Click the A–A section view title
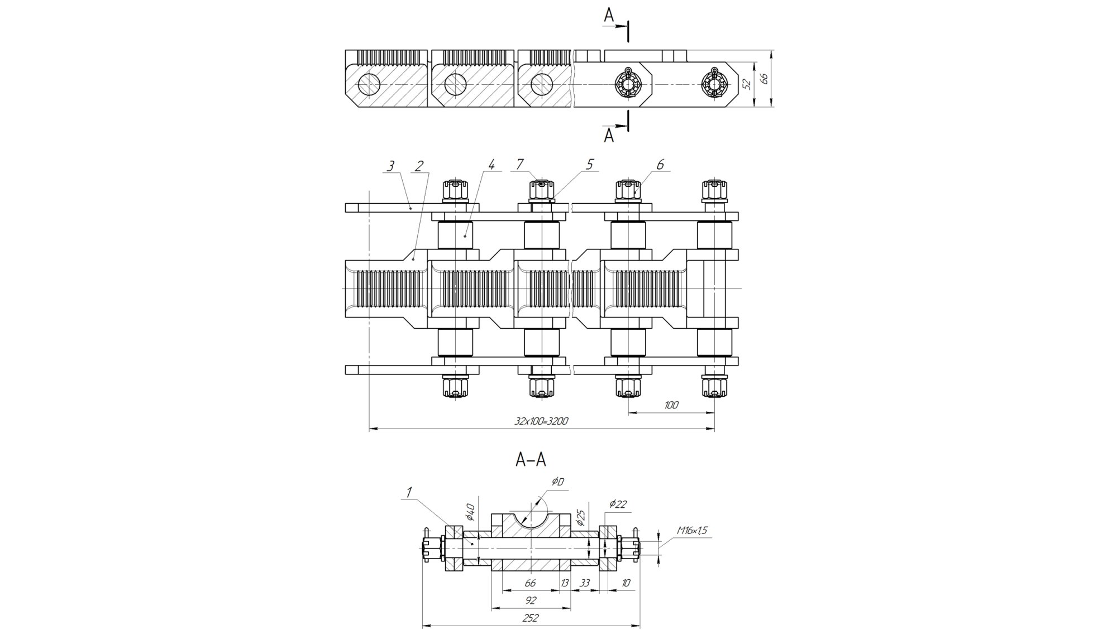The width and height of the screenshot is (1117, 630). [531, 460]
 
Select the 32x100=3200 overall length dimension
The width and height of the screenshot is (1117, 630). [541, 421]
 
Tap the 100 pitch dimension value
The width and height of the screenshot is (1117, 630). [671, 405]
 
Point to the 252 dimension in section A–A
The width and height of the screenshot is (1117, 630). [531, 618]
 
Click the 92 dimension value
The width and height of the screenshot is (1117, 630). [531, 600]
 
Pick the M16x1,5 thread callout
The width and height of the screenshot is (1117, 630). [691, 531]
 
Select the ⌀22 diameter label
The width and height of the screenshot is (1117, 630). [618, 504]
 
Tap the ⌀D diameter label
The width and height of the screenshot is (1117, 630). [557, 482]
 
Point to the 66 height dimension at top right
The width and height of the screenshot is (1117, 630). [765, 78]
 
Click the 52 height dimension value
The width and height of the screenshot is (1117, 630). [747, 84]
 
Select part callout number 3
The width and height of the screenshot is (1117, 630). [390, 166]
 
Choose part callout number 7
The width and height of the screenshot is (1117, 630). [519, 164]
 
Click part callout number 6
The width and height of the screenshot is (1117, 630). [660, 164]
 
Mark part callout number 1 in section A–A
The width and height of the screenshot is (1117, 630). [409, 492]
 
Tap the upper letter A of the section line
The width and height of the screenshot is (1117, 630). [609, 16]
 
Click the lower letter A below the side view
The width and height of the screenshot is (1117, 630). [609, 136]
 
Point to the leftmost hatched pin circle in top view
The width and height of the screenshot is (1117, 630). [369, 84]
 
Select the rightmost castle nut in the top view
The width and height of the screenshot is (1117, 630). [713, 84]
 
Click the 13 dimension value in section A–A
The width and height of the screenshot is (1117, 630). [565, 583]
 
